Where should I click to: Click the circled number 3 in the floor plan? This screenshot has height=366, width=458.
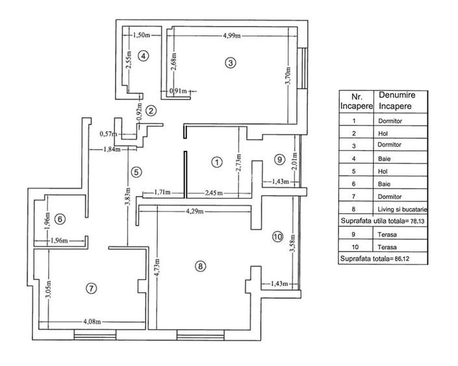click(229, 62)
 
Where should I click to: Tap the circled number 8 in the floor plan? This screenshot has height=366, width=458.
click(200, 265)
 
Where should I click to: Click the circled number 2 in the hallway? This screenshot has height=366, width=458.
click(150, 111)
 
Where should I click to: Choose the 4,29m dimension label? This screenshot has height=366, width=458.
click(196, 211)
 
